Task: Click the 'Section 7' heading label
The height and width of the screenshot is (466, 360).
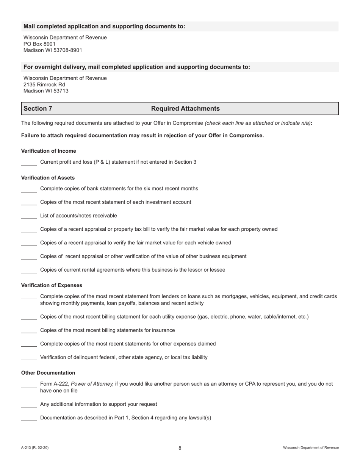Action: (x=38, y=109)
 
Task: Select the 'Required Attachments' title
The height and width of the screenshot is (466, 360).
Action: (x=185, y=109)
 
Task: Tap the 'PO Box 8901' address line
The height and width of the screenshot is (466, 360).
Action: (x=39, y=44)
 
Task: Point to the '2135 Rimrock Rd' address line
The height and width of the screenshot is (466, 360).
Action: (x=44, y=84)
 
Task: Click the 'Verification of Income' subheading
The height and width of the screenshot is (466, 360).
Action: (x=49, y=151)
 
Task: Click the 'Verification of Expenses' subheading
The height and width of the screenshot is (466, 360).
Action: (x=52, y=285)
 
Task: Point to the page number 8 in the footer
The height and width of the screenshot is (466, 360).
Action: (x=180, y=448)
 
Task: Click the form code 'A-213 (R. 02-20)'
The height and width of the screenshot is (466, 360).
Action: (x=35, y=448)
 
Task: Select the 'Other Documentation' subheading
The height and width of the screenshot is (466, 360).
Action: (x=48, y=373)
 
